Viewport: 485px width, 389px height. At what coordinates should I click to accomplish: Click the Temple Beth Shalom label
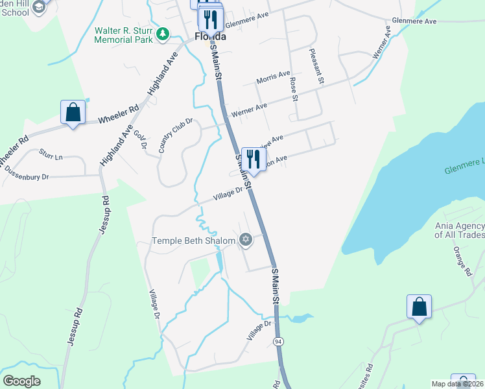(193, 241)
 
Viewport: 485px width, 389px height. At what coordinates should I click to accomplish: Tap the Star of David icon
(245, 241)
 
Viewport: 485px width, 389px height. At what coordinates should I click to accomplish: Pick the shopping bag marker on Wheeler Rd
(73, 112)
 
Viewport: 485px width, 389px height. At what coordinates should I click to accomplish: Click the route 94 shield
(278, 341)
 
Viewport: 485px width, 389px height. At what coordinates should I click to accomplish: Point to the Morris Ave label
(273, 78)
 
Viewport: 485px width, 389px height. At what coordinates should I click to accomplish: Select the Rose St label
(294, 89)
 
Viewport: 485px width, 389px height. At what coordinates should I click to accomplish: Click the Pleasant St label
(316, 66)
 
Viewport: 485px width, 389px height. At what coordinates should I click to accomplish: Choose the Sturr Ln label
(50, 156)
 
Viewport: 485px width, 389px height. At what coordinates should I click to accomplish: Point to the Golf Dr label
(139, 138)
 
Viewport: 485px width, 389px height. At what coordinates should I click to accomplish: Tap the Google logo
(21, 381)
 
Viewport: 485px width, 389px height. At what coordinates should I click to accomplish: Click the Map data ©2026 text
(457, 384)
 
